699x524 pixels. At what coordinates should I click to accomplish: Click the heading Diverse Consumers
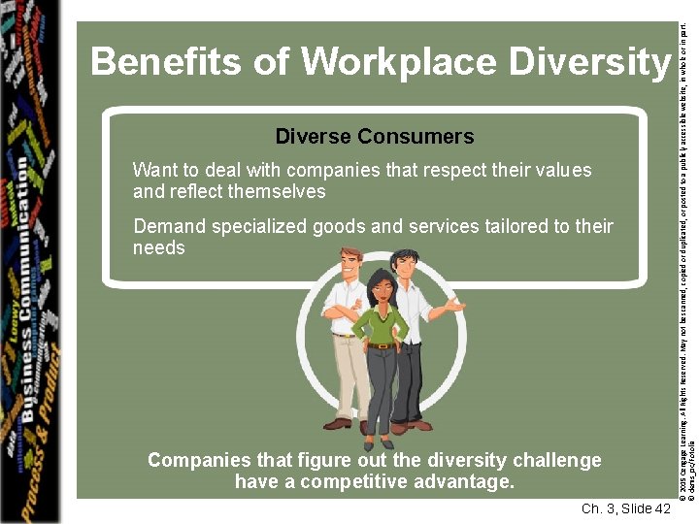click(x=375, y=136)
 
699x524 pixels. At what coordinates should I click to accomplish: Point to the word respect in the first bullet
click(x=452, y=171)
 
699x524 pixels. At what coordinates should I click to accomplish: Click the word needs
click(x=158, y=248)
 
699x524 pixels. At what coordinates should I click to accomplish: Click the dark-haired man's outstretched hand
click(x=454, y=306)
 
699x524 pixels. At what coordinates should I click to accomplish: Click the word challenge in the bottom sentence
click(x=554, y=460)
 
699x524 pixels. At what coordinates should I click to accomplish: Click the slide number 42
click(x=662, y=509)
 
